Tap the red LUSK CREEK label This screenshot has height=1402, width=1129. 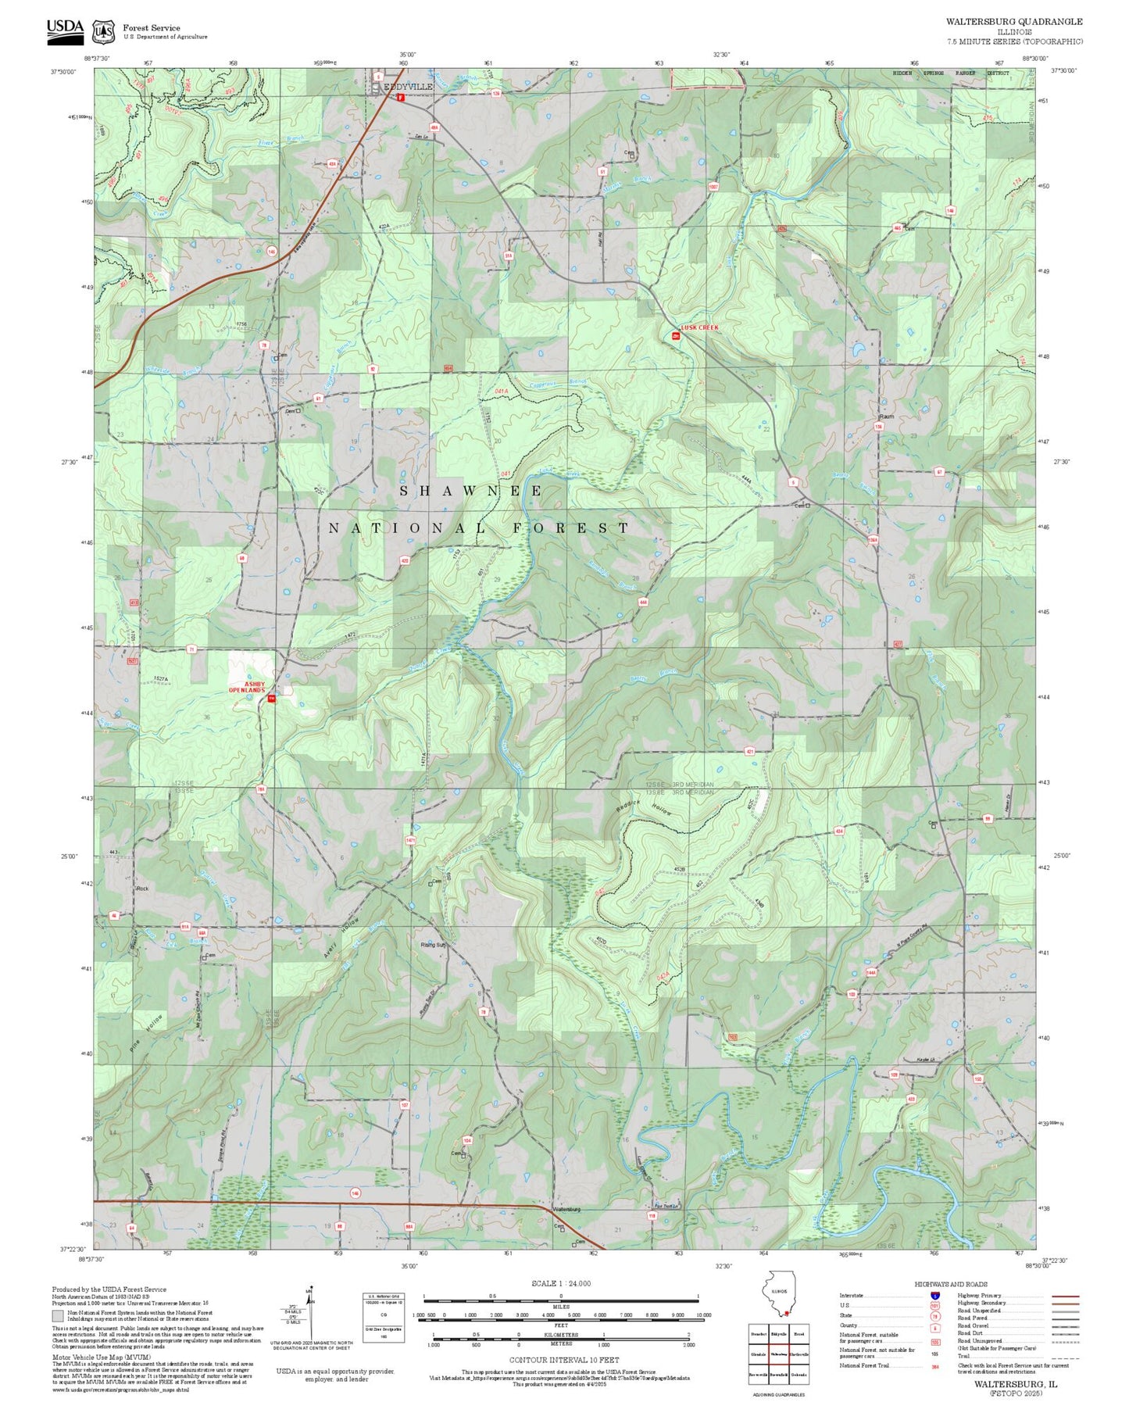pos(698,327)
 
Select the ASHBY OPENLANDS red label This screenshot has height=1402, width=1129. pos(246,687)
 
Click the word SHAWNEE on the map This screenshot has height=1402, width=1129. pos(472,491)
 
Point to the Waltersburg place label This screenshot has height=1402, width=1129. pos(566,1209)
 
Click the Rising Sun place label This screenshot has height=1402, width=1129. pos(434,945)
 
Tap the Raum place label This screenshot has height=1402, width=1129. pos(887,417)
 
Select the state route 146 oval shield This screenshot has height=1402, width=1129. pos(355,1193)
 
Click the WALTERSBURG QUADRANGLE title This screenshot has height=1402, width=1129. pos(1014,22)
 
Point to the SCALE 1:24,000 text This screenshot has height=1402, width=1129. pos(561,1283)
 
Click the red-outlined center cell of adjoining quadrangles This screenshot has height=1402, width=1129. pos(778,1354)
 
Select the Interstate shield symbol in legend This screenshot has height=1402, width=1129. pos(934,1296)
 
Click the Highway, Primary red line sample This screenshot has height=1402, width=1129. pos(1064,1296)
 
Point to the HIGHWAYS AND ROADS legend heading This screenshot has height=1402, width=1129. pos(950,1284)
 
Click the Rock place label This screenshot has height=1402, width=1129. pos(142,889)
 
